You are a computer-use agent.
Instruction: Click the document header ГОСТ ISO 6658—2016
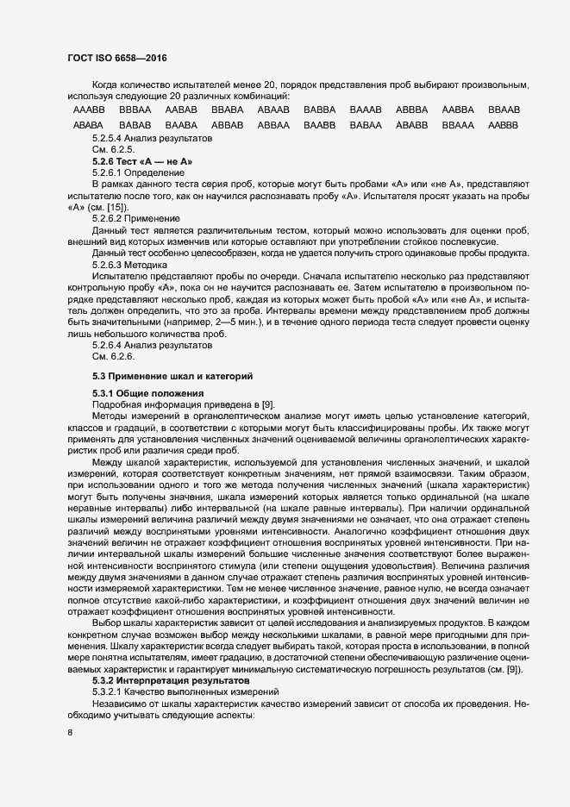(116, 58)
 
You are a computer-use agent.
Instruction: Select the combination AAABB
(89, 110)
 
